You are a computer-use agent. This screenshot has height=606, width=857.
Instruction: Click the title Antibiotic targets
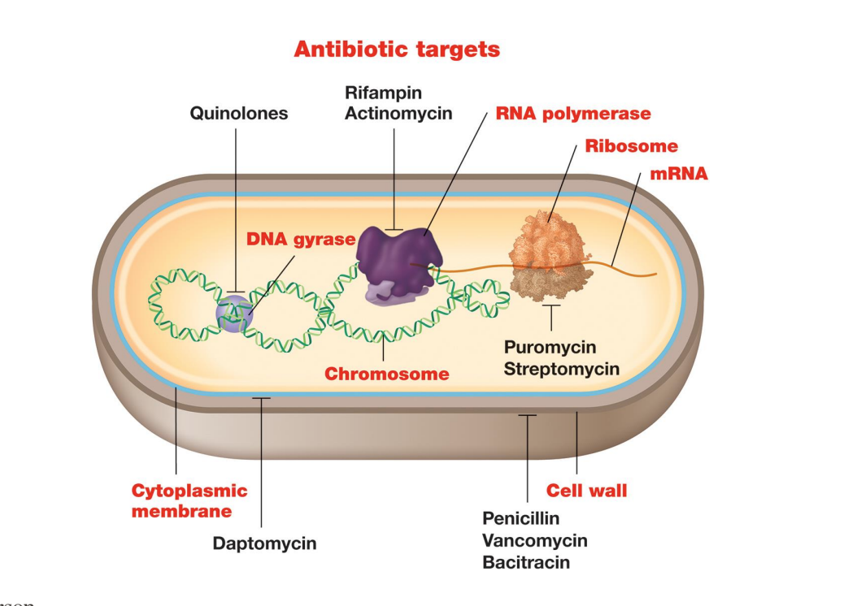(397, 50)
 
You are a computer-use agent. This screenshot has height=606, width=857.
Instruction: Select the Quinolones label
(239, 114)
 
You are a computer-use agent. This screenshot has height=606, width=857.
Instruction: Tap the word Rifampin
(383, 93)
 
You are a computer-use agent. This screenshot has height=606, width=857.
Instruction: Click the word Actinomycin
(398, 114)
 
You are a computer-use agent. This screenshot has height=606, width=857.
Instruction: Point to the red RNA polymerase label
(573, 114)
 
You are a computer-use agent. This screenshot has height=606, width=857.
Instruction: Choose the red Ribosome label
(632, 147)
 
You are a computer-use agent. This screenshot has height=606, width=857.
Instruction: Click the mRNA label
(679, 173)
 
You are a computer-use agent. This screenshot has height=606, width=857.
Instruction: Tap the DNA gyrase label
(301, 240)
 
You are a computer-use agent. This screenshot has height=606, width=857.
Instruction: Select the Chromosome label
(387, 374)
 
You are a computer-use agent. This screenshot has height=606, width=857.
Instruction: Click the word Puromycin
(550, 348)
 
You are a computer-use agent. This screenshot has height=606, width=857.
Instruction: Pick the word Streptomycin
(562, 369)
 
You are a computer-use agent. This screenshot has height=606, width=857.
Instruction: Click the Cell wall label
(586, 491)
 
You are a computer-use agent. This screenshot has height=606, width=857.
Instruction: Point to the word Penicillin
(521, 518)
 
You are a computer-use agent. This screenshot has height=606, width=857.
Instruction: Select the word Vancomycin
(534, 540)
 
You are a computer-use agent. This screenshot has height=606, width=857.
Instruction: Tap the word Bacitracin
(526, 562)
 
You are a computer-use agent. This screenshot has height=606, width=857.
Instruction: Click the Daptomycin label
(264, 543)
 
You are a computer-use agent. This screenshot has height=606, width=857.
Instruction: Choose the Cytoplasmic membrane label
(189, 500)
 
